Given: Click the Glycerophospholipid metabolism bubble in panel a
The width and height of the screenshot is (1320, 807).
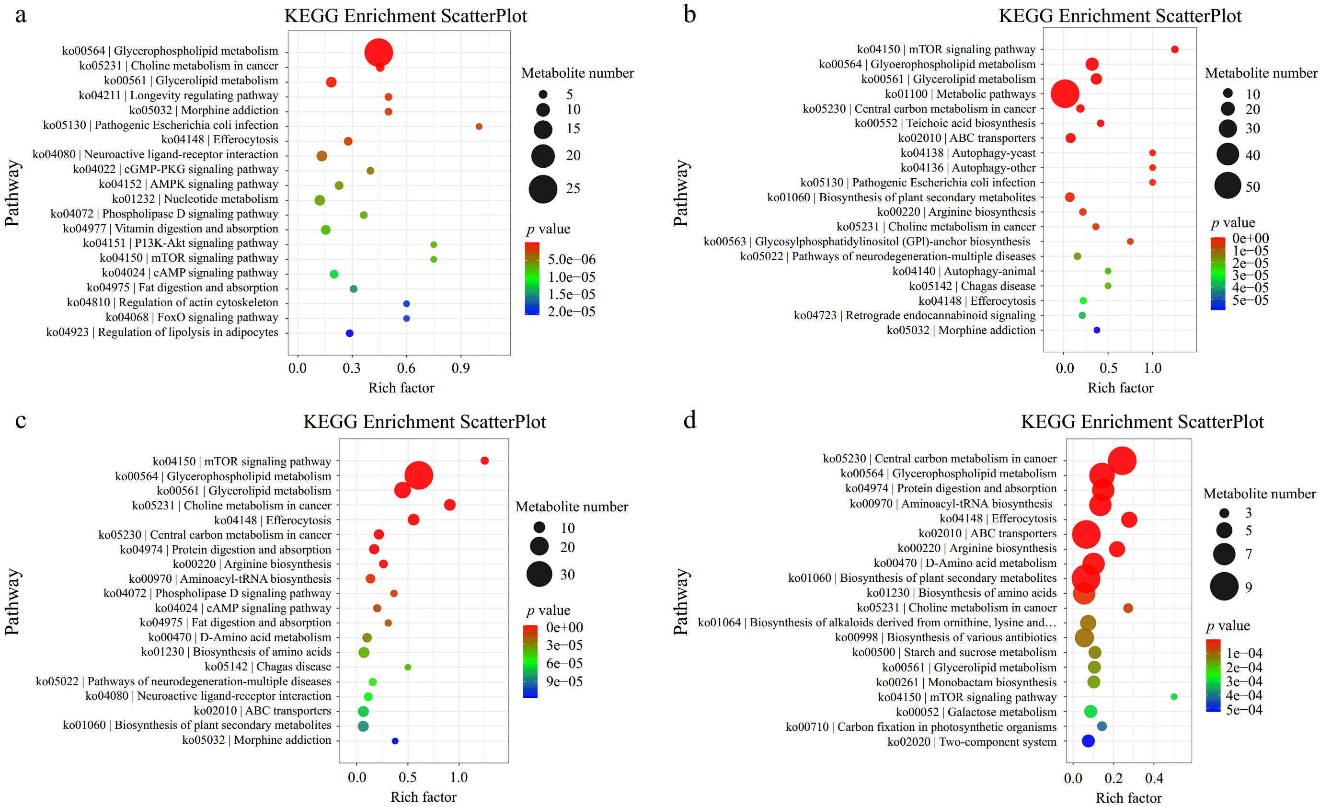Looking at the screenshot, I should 378,53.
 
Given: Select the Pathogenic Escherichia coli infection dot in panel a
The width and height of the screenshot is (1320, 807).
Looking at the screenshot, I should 479,127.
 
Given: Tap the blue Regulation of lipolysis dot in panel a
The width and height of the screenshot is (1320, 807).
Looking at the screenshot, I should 350,334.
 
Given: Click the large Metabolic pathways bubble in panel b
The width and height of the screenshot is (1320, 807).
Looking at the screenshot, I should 1065,94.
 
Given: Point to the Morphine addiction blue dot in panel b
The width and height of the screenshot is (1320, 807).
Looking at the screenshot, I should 1097,330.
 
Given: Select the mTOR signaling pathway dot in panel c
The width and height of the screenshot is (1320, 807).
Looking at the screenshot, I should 484,461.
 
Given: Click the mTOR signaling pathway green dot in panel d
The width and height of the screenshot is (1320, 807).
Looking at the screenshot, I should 1174,697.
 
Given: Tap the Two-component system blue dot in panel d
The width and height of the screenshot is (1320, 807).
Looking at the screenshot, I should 1088,741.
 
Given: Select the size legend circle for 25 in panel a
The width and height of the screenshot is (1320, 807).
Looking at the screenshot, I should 543,189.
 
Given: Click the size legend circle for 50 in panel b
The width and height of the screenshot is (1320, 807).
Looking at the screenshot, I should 1228,186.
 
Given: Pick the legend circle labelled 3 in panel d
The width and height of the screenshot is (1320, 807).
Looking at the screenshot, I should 1224,513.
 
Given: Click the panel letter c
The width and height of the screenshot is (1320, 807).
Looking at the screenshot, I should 20,420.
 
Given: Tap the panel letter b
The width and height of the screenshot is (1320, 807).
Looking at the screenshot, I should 690,14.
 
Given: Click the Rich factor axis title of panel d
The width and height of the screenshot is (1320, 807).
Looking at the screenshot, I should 1128,798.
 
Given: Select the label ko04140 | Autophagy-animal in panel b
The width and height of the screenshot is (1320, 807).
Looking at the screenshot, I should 964,271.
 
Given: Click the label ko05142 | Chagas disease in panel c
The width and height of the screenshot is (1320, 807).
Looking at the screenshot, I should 268,667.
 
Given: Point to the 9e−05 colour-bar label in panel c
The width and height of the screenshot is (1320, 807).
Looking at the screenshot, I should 564,681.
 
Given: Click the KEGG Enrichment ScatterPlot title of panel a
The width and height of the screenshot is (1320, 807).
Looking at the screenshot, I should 405,16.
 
